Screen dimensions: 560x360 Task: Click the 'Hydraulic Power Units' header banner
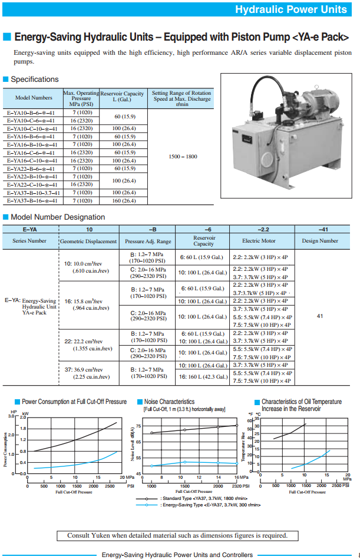(x=290, y=9)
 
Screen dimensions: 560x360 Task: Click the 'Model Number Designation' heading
(x=58, y=217)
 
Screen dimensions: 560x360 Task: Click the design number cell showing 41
(x=320, y=316)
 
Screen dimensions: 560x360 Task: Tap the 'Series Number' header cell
(x=29, y=241)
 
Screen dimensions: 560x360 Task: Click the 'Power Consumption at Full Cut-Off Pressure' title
(x=74, y=402)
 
